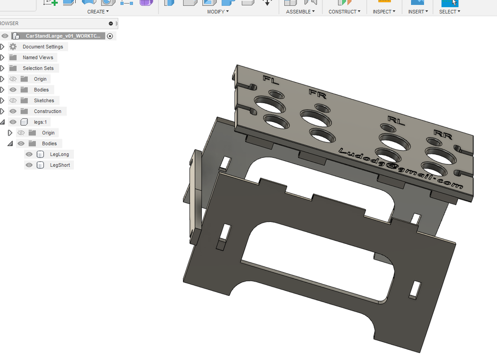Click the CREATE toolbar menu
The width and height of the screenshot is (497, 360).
(x=98, y=11)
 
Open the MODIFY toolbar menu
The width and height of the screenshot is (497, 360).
(x=218, y=11)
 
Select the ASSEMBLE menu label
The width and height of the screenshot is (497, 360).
(x=300, y=11)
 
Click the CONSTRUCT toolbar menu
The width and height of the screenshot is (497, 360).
(x=344, y=11)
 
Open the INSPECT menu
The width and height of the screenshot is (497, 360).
(x=384, y=11)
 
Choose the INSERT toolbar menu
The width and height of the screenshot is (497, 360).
(x=418, y=11)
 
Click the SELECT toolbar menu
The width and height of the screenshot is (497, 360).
(x=449, y=11)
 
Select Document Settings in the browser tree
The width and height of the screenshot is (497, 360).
(x=43, y=47)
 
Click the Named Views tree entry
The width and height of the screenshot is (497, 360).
(x=38, y=57)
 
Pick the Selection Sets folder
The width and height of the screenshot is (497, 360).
(x=38, y=68)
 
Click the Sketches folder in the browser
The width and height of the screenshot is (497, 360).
(x=44, y=101)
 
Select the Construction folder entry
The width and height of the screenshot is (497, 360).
(x=48, y=111)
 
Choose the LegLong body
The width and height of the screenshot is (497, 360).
(x=59, y=154)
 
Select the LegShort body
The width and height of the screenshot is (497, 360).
(x=60, y=165)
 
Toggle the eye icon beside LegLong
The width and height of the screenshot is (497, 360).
(x=29, y=154)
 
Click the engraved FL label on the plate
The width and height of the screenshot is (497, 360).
(x=271, y=81)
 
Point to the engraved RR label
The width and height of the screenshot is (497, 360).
(x=443, y=134)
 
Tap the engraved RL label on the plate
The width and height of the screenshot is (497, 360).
(x=396, y=120)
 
